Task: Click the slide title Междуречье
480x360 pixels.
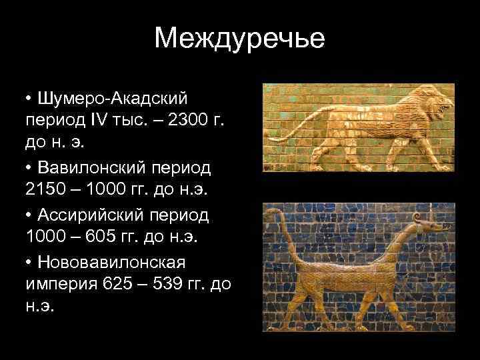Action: (x=239, y=38)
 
